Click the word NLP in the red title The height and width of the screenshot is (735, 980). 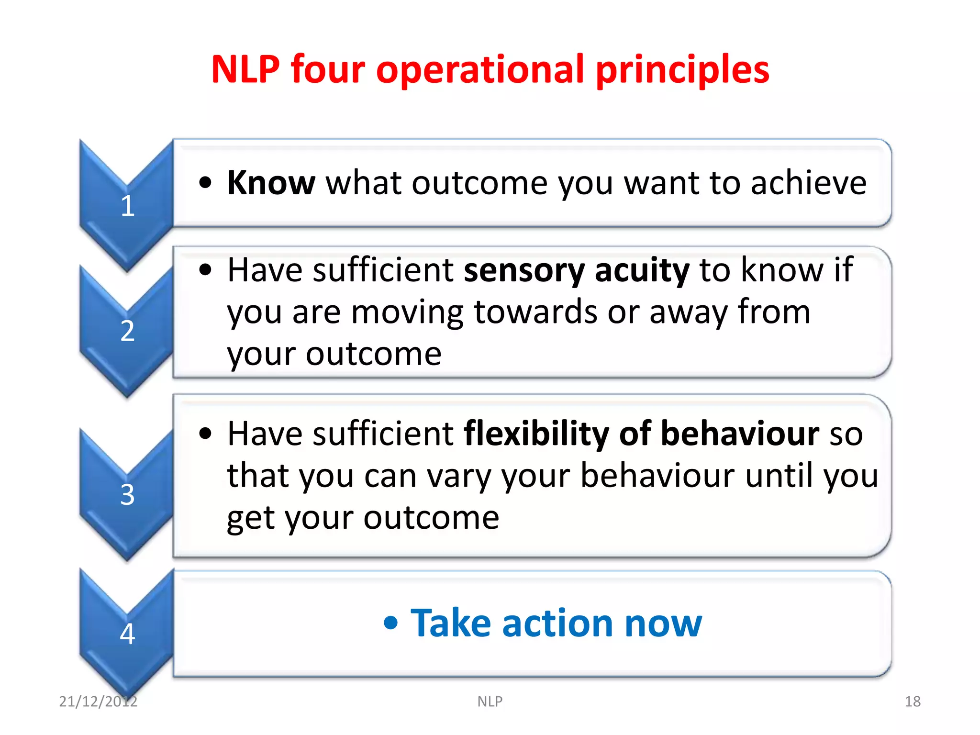(245, 69)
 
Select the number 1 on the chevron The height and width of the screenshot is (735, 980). (127, 206)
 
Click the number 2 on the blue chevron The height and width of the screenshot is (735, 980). (127, 331)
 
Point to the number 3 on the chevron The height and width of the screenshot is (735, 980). (127, 494)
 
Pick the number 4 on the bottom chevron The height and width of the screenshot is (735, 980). (127, 634)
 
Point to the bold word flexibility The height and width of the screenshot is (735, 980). (536, 434)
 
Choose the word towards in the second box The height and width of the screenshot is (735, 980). (535, 312)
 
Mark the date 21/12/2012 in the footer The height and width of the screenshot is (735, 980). (98, 701)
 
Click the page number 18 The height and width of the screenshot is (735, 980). (912, 701)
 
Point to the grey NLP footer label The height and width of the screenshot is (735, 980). (490, 701)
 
